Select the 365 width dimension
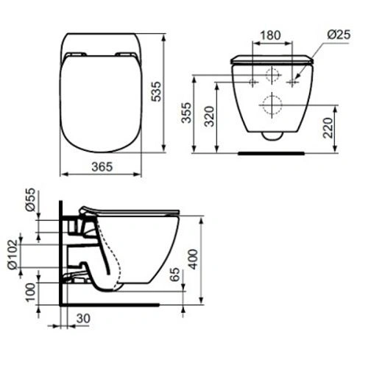click(x=102, y=167)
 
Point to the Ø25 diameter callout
click(x=337, y=34)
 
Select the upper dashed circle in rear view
click(x=272, y=75)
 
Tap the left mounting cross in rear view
click(x=252, y=81)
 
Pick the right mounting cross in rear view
click(x=292, y=81)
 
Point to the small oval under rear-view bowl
click(x=272, y=135)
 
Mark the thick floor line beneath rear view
click(x=272, y=154)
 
